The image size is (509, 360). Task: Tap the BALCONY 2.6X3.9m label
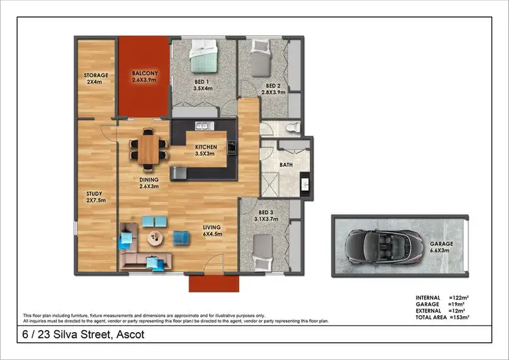(x=145, y=76)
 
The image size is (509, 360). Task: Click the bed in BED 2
(x=261, y=58)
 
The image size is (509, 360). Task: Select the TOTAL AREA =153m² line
(x=443, y=318)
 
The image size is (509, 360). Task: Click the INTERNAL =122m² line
(x=443, y=298)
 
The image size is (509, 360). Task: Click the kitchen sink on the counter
(x=203, y=126)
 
